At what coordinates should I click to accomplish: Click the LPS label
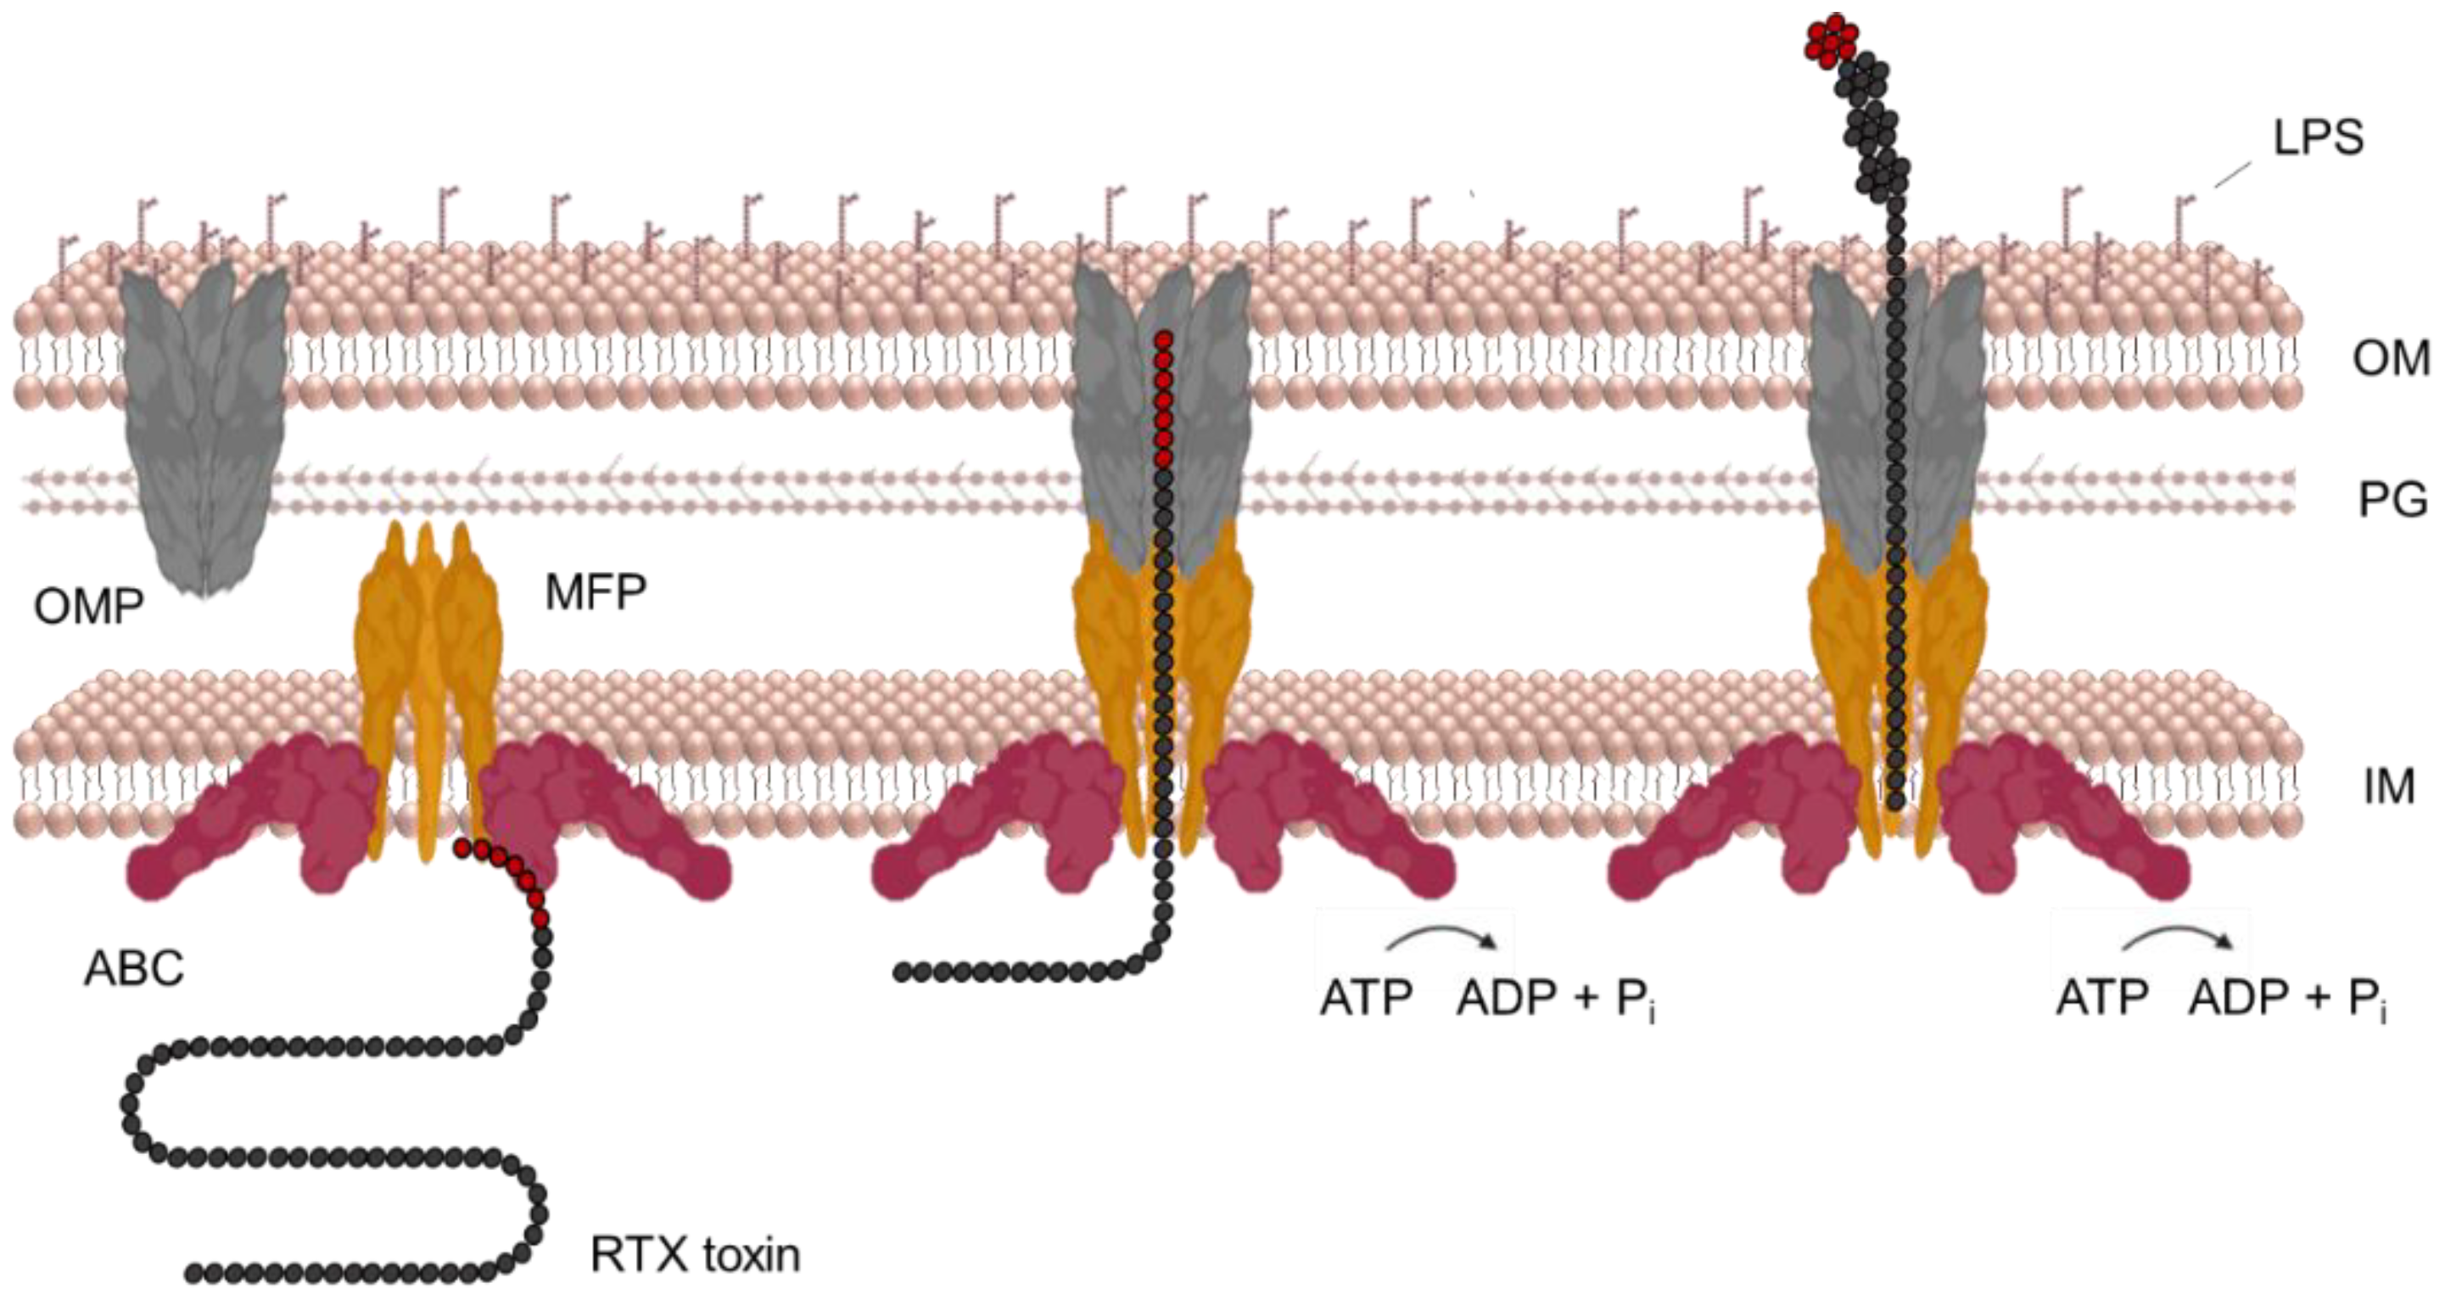[2318, 138]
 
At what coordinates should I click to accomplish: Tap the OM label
[2390, 359]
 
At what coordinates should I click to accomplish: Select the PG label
[2392, 500]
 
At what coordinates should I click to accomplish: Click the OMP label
[88, 607]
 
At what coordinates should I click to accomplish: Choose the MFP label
[595, 592]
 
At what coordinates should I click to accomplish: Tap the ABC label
[134, 968]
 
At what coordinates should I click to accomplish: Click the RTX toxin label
[695, 1254]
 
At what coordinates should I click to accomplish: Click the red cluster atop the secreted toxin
[1831, 41]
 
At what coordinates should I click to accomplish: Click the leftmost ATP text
[1365, 999]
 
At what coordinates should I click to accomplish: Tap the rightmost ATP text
[2101, 999]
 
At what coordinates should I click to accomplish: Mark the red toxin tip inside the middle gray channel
[1164, 399]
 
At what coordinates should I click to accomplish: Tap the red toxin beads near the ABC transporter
[503, 873]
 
